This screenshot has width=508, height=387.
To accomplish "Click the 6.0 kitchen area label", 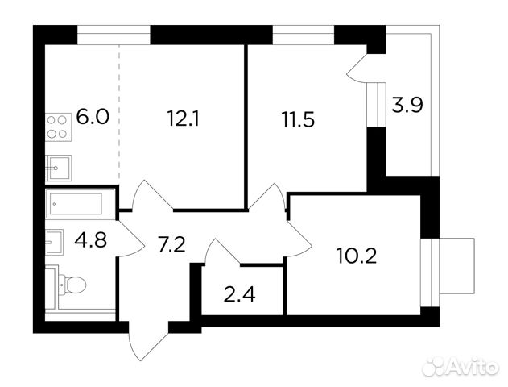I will (x=93, y=118).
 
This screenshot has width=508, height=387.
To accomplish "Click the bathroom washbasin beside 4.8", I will (x=55, y=241).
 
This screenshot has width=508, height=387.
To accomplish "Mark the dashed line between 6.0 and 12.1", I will (x=120, y=113).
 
